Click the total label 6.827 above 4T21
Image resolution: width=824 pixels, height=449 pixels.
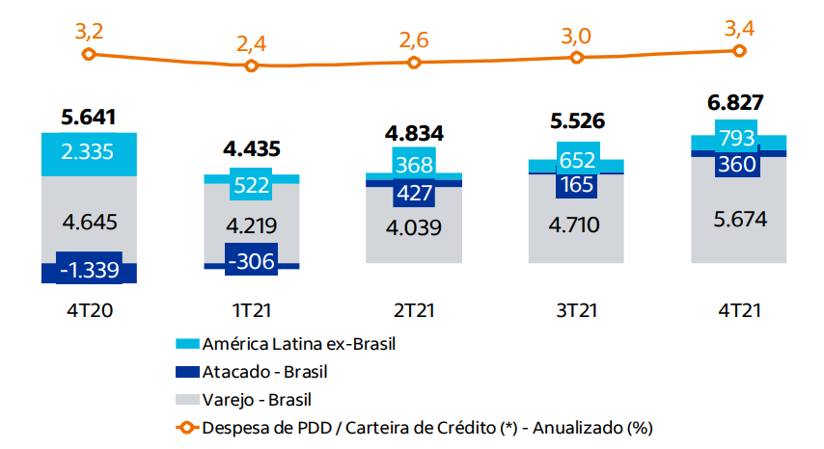(x=737, y=103)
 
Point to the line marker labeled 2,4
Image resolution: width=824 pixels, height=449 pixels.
(x=251, y=66)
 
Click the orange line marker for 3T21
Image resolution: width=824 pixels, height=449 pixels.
(x=576, y=58)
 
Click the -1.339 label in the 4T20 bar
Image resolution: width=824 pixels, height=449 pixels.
(x=88, y=270)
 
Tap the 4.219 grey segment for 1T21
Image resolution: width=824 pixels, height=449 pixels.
(x=251, y=226)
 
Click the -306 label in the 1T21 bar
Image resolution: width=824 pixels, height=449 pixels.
(x=251, y=259)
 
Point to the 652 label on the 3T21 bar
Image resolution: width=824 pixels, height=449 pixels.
(x=576, y=156)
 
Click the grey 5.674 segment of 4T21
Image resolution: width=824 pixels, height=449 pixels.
(x=738, y=220)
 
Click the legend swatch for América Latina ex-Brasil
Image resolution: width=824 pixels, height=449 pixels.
(x=187, y=343)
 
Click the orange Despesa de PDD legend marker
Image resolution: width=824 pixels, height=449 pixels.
(x=187, y=425)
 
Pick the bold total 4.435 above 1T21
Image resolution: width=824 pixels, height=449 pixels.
(x=251, y=149)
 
